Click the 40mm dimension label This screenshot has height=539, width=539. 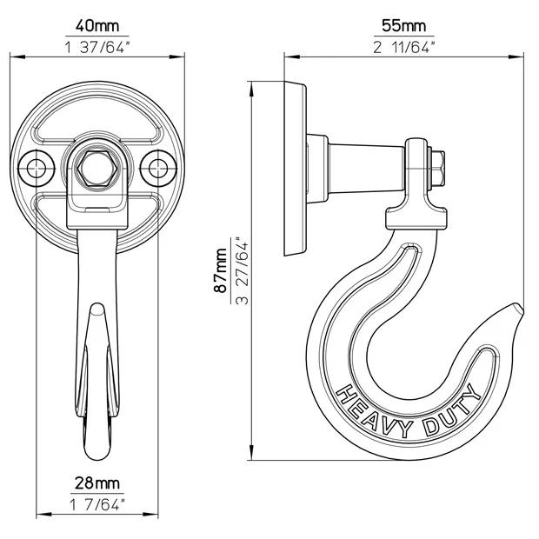point(97,26)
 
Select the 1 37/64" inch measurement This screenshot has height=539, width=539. point(98,47)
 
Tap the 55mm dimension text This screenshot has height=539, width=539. point(404,26)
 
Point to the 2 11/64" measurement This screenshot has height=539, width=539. point(404,47)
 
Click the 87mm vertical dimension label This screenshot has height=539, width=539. point(220,269)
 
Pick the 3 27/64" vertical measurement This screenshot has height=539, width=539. point(242,270)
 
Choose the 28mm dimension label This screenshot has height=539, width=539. point(97,483)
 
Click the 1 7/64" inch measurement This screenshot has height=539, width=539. point(97,504)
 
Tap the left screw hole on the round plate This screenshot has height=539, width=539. point(37,169)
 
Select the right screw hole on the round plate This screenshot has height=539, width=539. point(158,169)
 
